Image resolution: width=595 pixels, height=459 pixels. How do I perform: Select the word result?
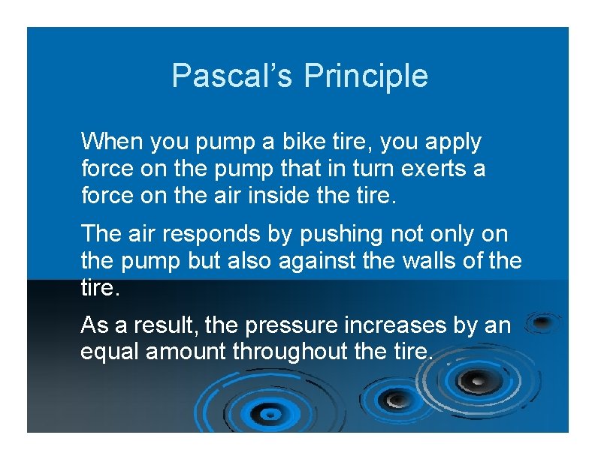click(x=157, y=326)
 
